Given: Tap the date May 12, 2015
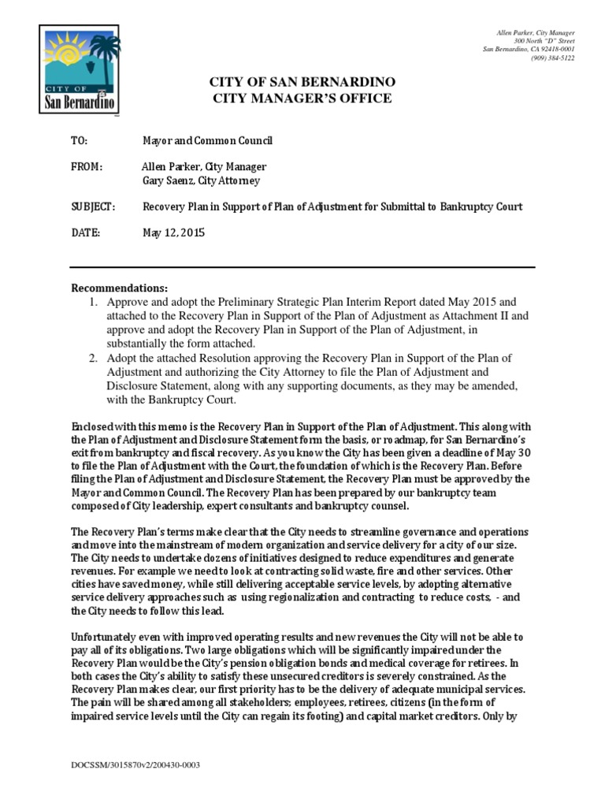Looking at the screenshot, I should pyautogui.click(x=168, y=233).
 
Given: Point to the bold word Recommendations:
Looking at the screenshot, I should pyautogui.click(x=120, y=288).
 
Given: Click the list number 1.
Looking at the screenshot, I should pyautogui.click(x=92, y=301).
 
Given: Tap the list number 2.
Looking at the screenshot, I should pyautogui.click(x=92, y=358).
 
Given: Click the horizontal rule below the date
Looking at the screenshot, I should pyautogui.click(x=302, y=267).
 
